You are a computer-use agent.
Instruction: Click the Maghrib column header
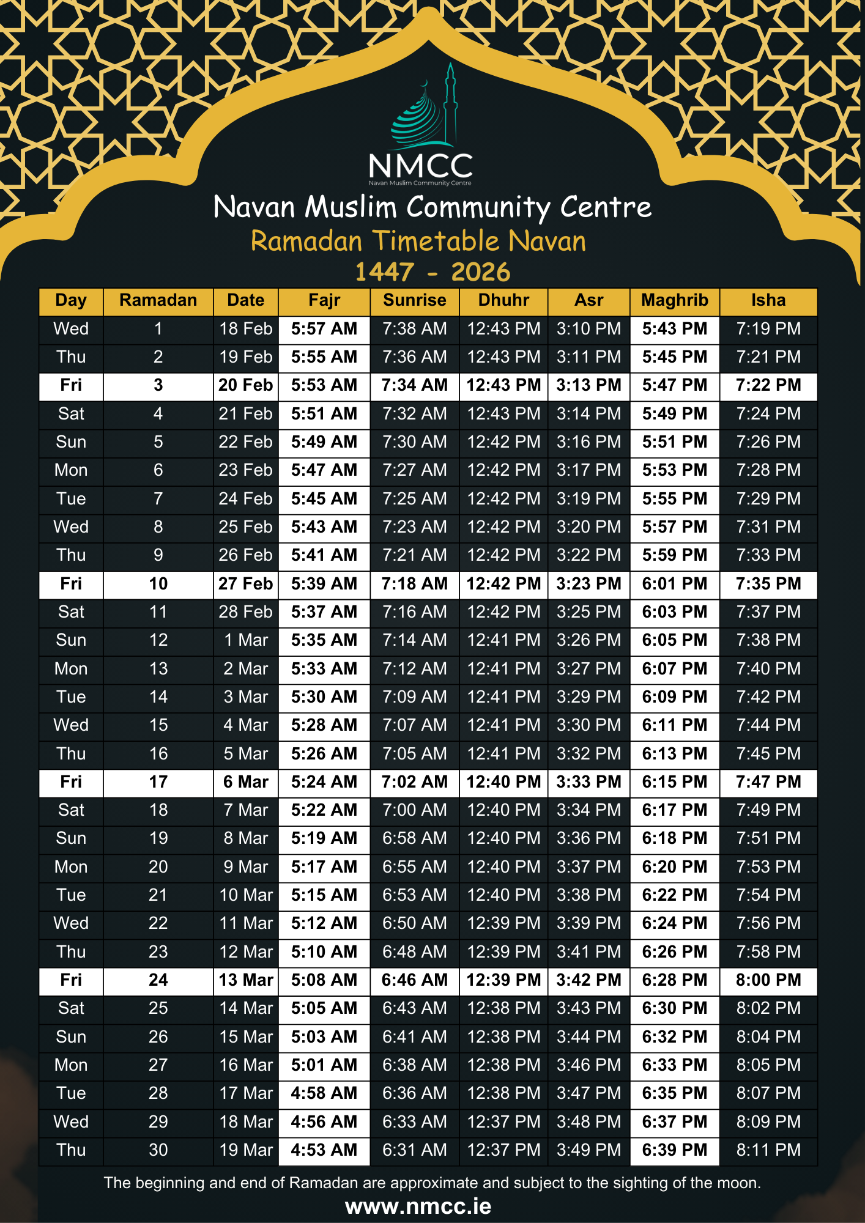[674, 300]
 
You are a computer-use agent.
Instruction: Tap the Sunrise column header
[414, 300]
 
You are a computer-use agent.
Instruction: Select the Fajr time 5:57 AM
[324, 329]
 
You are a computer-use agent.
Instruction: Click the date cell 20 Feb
[245, 385]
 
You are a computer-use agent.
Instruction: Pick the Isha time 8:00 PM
[768, 980]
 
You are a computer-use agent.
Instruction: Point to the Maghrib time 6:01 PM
[674, 584]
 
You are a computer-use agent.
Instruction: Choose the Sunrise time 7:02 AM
[414, 782]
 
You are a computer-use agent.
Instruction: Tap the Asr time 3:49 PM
[588, 1150]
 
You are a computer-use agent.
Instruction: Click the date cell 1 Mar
[245, 640]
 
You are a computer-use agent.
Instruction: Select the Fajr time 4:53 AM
[324, 1150]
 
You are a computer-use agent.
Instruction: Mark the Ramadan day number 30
[158, 1150]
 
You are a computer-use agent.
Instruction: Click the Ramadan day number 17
[158, 782]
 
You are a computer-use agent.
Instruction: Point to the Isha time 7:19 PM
[768, 329]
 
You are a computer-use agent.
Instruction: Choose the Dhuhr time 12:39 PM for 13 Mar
[503, 980]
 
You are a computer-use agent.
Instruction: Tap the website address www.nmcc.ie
[418, 1206]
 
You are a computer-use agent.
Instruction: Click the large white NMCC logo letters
[421, 166]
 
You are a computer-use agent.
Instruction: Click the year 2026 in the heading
[480, 272]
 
